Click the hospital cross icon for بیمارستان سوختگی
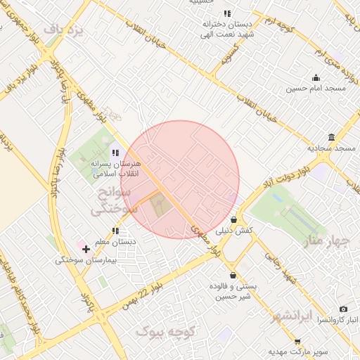point(86,249)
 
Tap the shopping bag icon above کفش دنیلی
point(233,219)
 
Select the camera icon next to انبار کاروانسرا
point(343,309)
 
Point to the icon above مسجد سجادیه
point(331,137)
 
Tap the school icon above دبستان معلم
point(115,231)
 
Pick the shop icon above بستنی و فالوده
point(233,276)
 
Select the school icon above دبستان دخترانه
point(226,13)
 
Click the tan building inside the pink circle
point(160,206)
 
